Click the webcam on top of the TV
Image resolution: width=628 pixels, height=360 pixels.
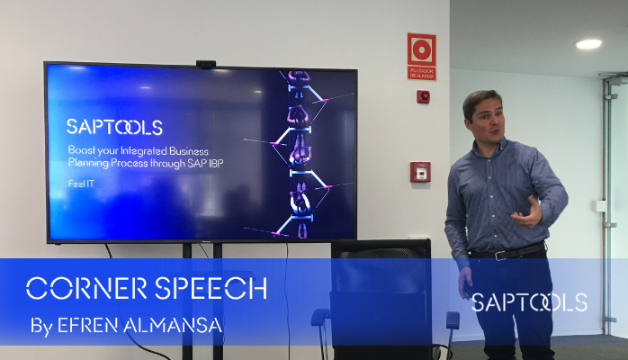pyautogui.click(x=206, y=64)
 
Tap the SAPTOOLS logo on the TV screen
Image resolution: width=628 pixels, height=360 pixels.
pyautogui.click(x=114, y=127)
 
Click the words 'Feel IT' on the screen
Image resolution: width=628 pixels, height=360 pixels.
pyautogui.click(x=81, y=182)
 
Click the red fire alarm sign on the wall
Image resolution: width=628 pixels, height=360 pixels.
pyautogui.click(x=421, y=56)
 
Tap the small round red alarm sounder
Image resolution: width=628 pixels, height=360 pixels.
pyautogui.click(x=423, y=96)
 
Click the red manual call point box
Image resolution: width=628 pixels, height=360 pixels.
pyautogui.click(x=420, y=172)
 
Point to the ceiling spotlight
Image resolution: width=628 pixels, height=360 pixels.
pyautogui.click(x=588, y=43)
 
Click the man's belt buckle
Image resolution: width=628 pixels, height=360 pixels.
pyautogui.click(x=497, y=256)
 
